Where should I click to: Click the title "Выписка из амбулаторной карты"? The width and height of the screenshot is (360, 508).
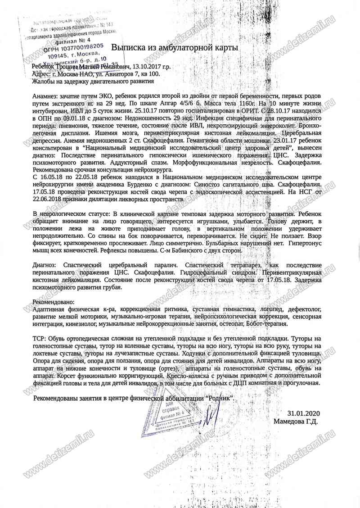click(175, 47)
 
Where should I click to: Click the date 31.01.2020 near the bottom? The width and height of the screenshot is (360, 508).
click(302, 413)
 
